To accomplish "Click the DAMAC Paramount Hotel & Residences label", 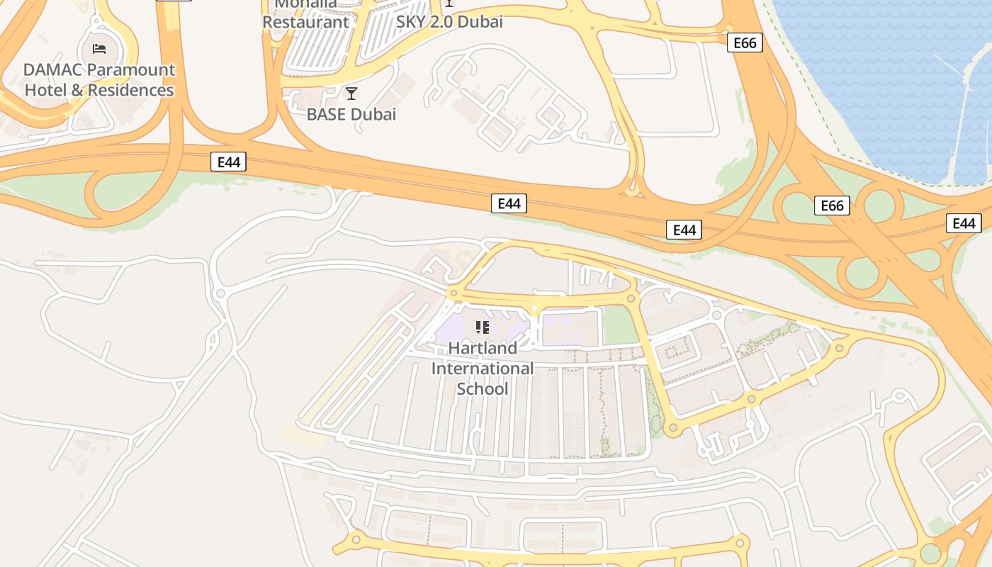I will (99, 80).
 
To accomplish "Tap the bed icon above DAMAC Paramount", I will (99, 49).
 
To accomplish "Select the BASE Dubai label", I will (351, 114).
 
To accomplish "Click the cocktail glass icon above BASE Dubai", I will (351, 94).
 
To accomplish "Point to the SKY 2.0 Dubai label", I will (449, 22).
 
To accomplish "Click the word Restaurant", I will (306, 22).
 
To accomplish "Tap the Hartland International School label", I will (483, 369).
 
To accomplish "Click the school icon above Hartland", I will (483, 327).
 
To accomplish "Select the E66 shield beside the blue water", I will (745, 43).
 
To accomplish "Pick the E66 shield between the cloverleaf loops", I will (832, 206).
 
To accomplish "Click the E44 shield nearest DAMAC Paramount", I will (228, 162).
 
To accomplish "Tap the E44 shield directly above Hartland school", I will (509, 204).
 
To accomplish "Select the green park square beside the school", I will (618, 326).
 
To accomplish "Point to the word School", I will (483, 389).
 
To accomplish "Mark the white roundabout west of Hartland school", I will (220, 293).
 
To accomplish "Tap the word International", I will (483, 369).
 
